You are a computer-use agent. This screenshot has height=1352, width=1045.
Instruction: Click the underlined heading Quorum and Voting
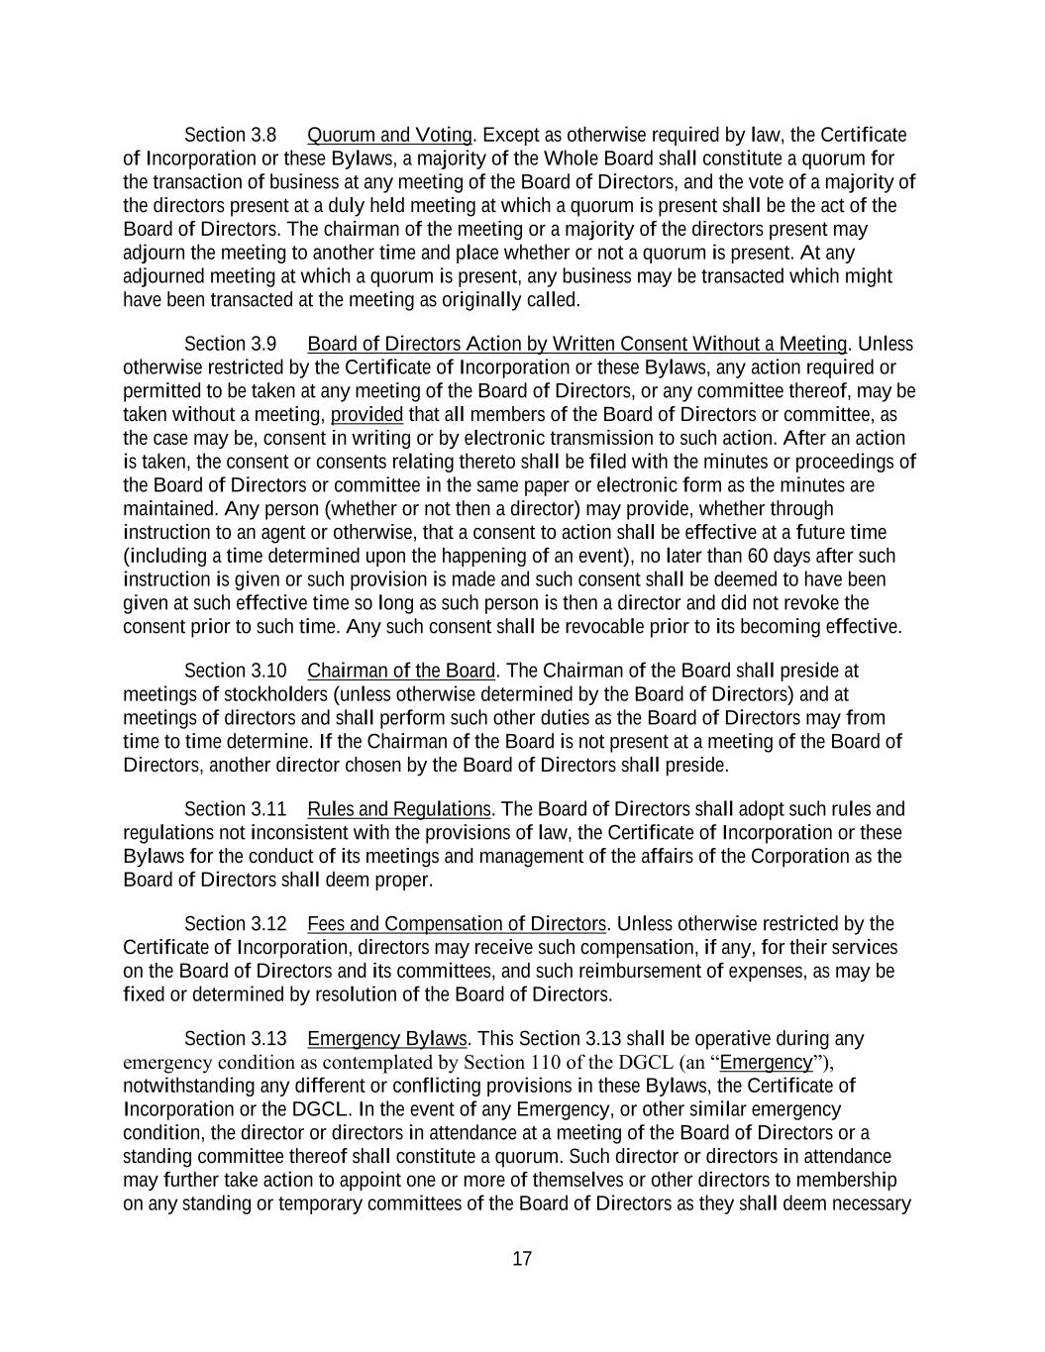tap(389, 135)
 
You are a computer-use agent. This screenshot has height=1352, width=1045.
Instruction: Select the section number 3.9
tap(263, 344)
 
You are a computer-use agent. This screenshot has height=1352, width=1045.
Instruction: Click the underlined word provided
tap(366, 415)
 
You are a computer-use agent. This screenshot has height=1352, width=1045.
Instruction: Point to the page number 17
tap(522, 1259)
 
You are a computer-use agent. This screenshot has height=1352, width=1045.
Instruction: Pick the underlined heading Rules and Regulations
tap(399, 809)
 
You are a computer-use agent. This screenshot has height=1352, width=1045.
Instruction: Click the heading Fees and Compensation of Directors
tap(457, 924)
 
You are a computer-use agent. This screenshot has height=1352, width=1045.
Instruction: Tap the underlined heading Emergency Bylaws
tap(386, 1039)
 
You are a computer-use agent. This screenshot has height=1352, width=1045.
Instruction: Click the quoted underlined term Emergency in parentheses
tap(766, 1063)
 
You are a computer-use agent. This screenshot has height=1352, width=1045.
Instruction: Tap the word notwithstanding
tap(185, 1086)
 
